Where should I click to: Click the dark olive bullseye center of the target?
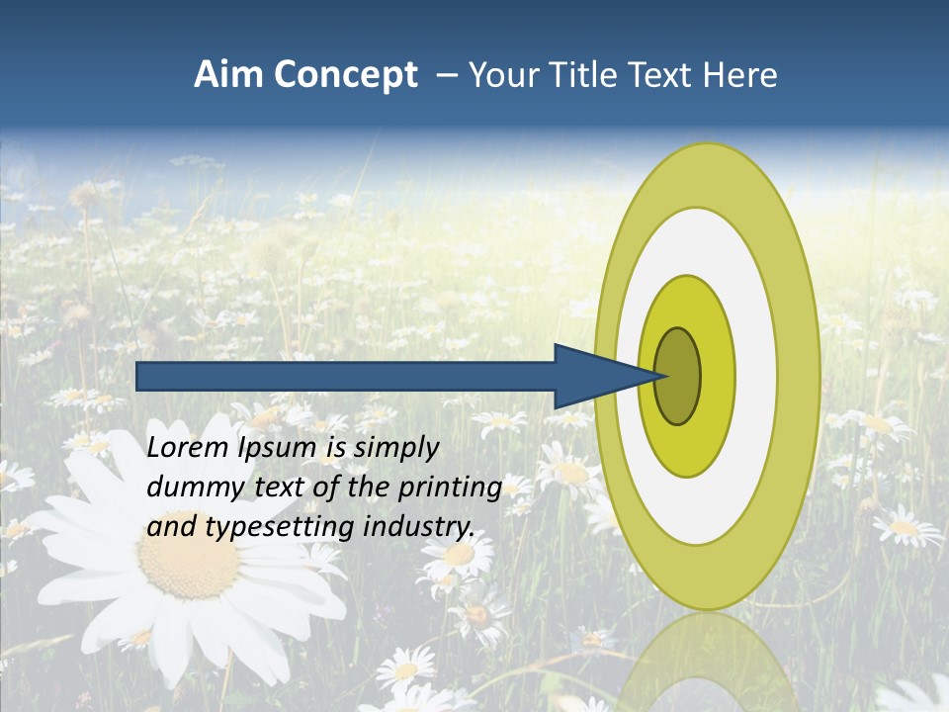(x=677, y=377)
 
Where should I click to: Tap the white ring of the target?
(x=755, y=377)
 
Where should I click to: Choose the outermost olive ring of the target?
(x=799, y=377)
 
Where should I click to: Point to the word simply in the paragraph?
(x=395, y=449)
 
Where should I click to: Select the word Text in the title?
(x=662, y=75)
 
